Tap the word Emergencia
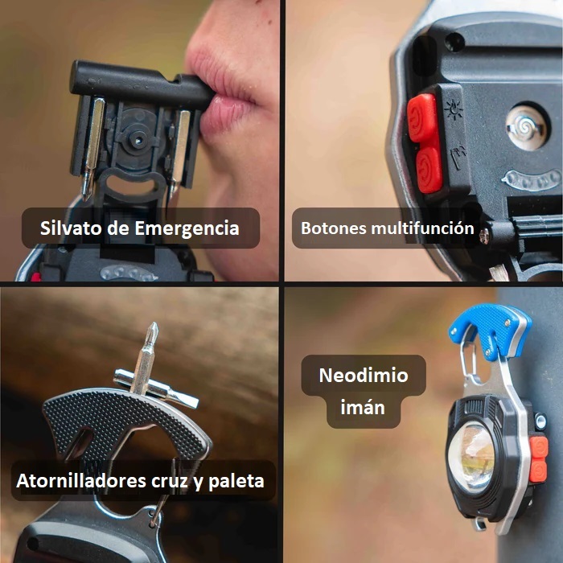(187, 228)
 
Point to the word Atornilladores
(81, 480)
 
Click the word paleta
(236, 481)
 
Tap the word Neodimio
(364, 376)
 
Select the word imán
(363, 407)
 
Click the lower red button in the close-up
(429, 170)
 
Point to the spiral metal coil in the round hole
(526, 126)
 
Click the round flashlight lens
(471, 454)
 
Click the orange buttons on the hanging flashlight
(539, 459)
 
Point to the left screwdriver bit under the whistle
(92, 147)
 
